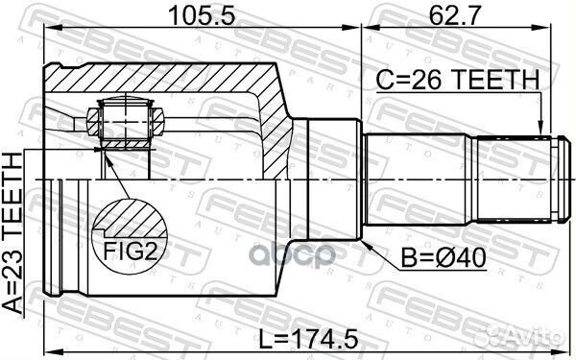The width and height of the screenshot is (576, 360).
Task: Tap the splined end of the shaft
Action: [515, 180]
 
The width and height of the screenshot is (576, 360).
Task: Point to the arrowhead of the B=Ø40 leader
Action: [366, 243]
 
